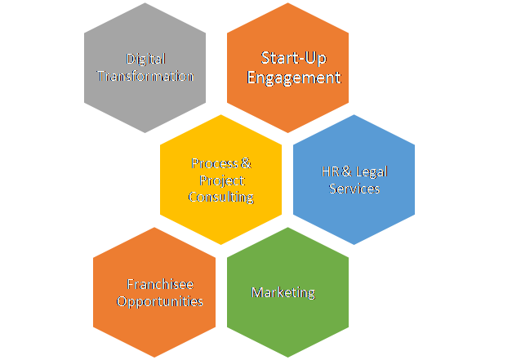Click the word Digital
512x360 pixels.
pos(145,60)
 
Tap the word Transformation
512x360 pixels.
pos(145,76)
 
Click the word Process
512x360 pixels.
pos(214,163)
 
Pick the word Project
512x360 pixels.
pos(221,180)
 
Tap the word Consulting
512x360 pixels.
pos(221,197)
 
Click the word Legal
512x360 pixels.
pos(364,172)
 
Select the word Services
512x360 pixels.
pos(354,189)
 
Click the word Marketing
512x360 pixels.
pos(283,292)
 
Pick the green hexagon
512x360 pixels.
pos(287,322)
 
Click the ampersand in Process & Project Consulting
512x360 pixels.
pos(246,163)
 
